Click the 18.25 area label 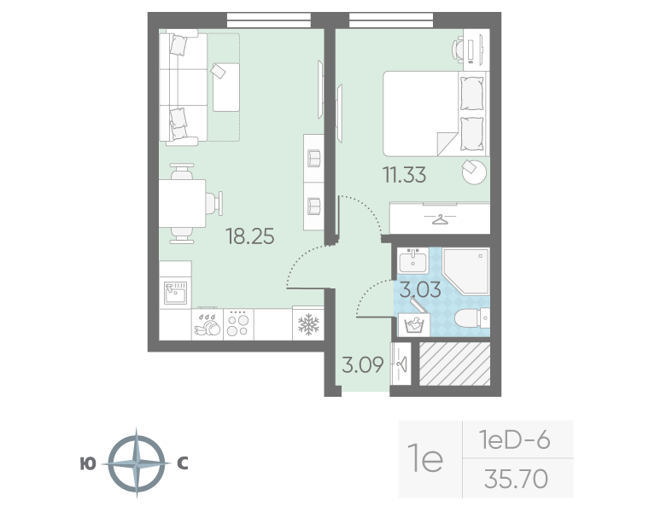pyautogui.click(x=250, y=236)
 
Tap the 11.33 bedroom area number pyautogui.click(x=405, y=175)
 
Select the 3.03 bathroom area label pyautogui.click(x=420, y=289)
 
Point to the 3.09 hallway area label pyautogui.click(x=363, y=364)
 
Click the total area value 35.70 pyautogui.click(x=516, y=479)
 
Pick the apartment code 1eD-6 pyautogui.click(x=514, y=439)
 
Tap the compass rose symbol pyautogui.click(x=137, y=463)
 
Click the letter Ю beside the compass pyautogui.click(x=88, y=463)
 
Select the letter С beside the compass pyautogui.click(x=183, y=463)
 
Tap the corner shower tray pyautogui.click(x=466, y=271)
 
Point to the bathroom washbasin pyautogui.click(x=412, y=260)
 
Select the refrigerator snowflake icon pyautogui.click(x=309, y=324)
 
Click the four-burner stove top pyautogui.click(x=238, y=324)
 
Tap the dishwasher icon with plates pyautogui.click(x=208, y=324)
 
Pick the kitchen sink pyautogui.click(x=176, y=292)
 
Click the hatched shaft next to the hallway pyautogui.click(x=455, y=364)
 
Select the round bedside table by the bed pyautogui.click(x=474, y=172)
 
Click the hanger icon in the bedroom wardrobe pyautogui.click(x=440, y=219)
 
